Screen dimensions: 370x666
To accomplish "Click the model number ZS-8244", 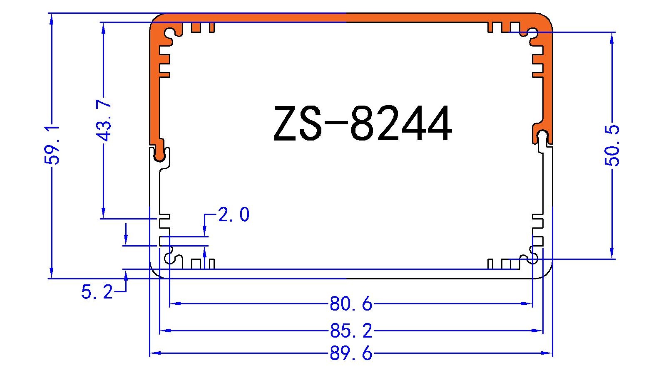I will (362, 123).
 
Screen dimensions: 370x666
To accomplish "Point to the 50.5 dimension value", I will (612, 145).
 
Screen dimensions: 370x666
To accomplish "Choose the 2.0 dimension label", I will (234, 215).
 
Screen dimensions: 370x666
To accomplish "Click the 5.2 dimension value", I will (97, 292).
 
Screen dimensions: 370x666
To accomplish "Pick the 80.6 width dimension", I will (351, 304).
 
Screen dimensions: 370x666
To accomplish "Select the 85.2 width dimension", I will (351, 331).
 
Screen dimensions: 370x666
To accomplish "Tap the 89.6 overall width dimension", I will (351, 353).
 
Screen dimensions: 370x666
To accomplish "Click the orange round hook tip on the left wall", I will (159, 155).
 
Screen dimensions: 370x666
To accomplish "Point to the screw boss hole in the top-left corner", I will (171, 33).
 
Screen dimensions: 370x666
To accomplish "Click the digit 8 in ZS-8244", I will (365, 123).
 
